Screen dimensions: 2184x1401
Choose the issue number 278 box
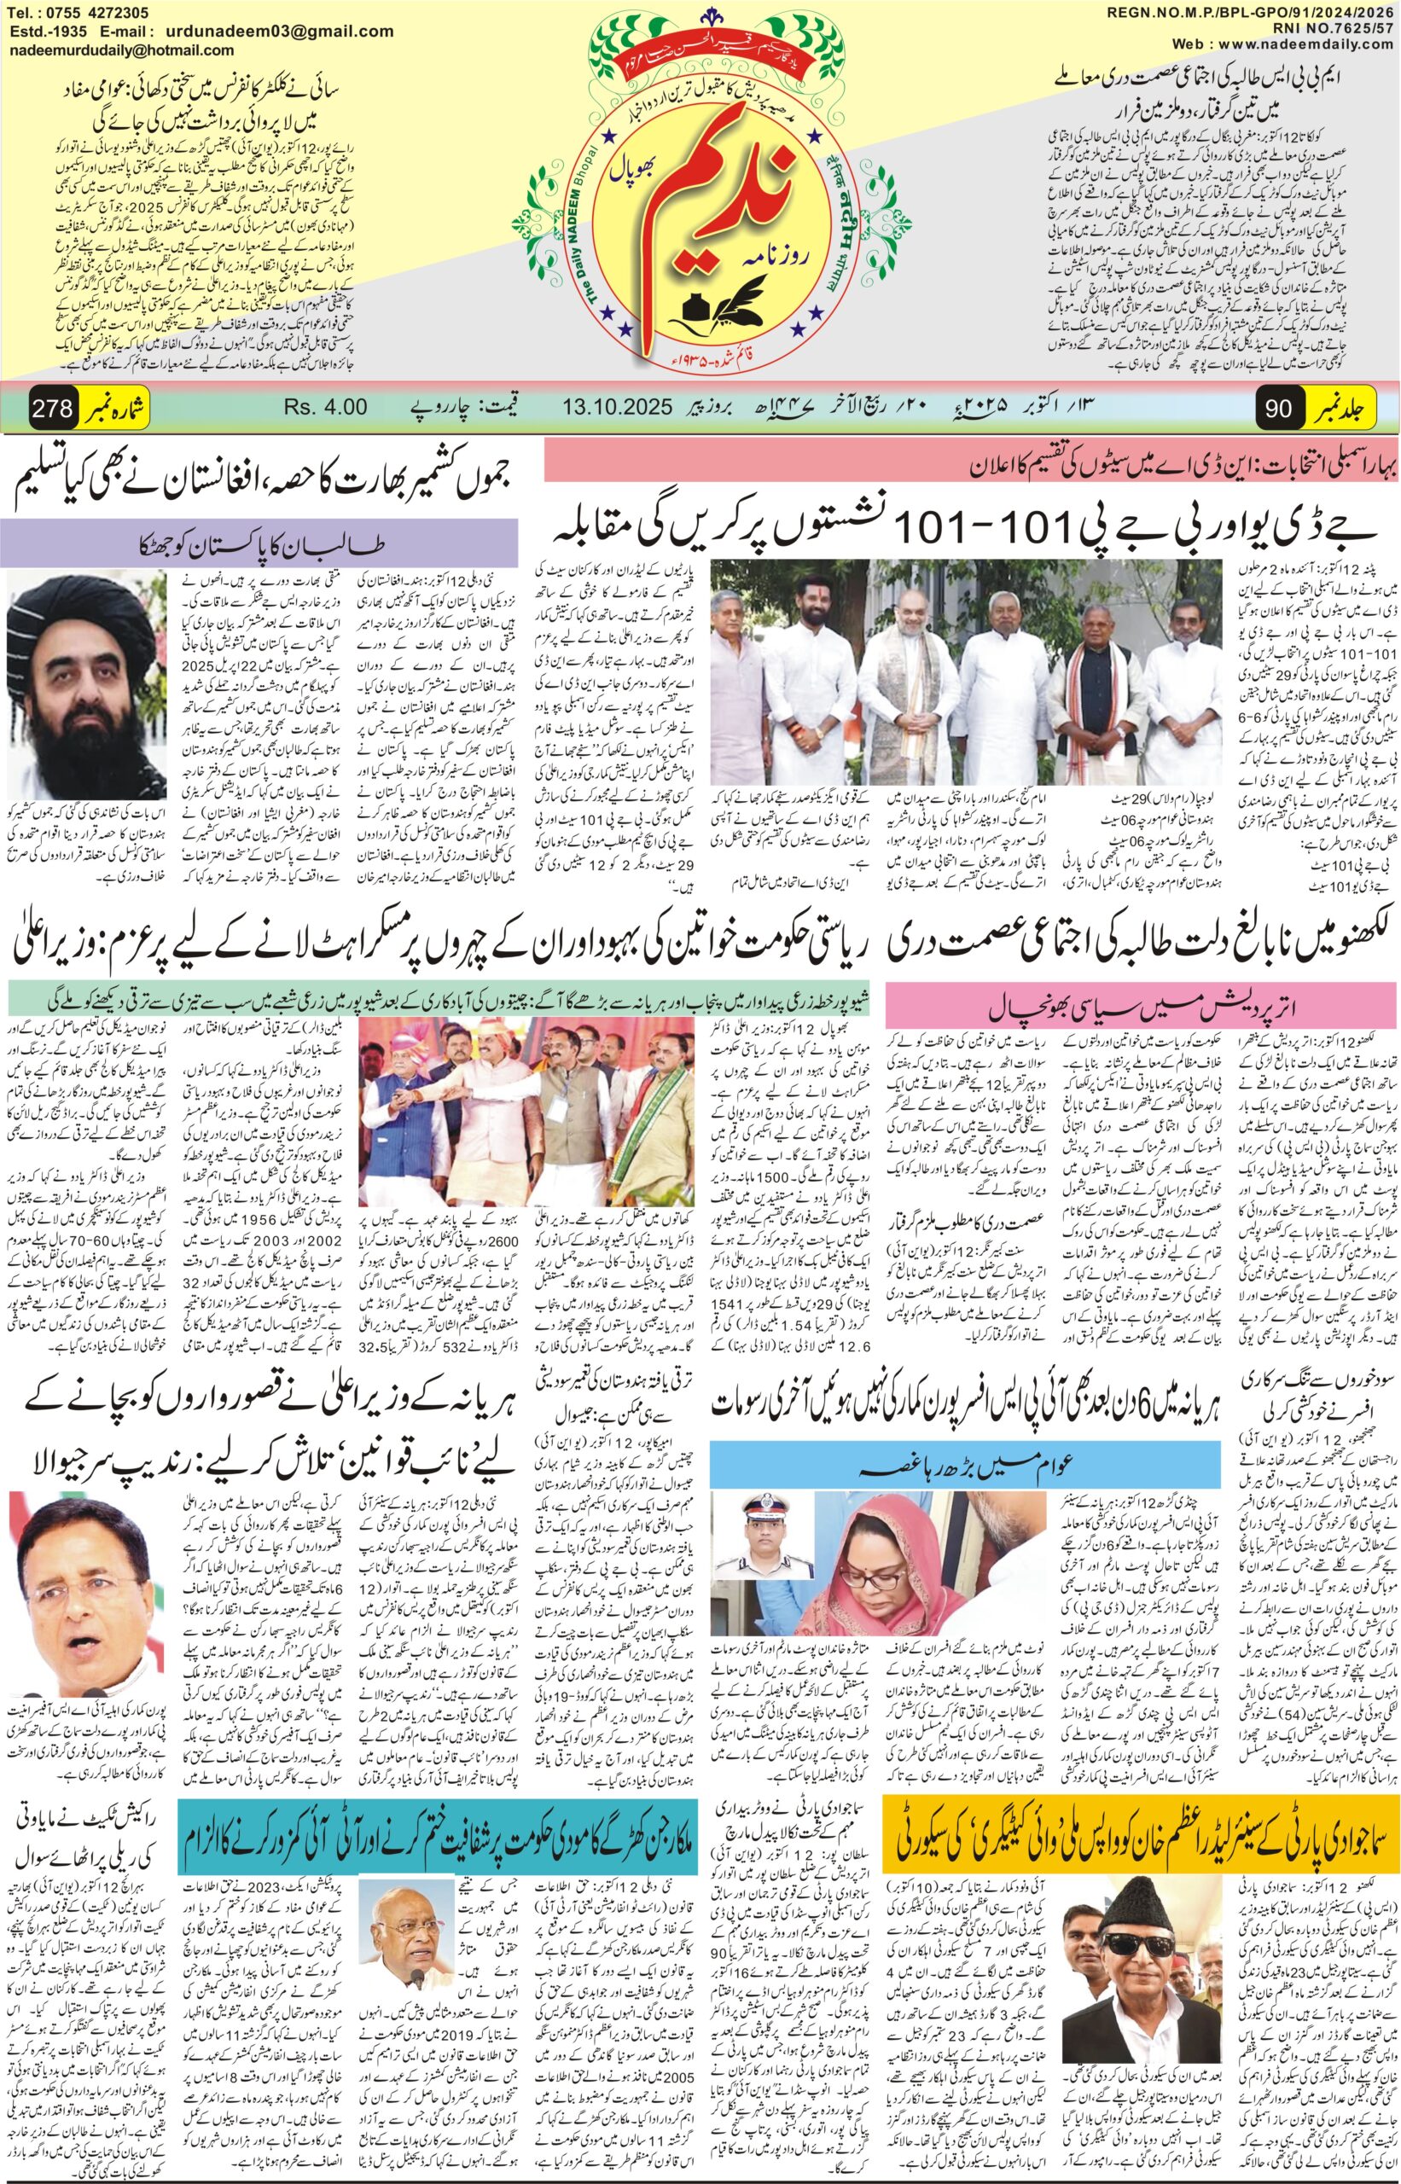52,407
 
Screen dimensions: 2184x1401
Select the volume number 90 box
1278,408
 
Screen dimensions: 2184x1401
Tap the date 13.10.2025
617,406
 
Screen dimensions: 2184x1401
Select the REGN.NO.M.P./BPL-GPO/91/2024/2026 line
1252,11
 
